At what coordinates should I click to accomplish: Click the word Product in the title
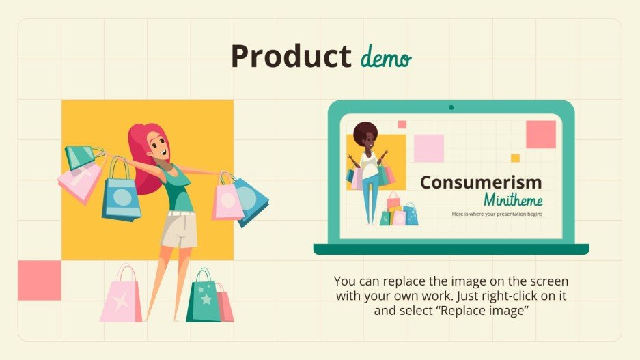(290, 57)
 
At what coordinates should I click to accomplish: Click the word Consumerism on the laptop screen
(481, 182)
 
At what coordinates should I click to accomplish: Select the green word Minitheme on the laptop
(513, 200)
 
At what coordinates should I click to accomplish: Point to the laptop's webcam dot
(451, 107)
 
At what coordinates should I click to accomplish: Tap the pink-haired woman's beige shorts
(179, 230)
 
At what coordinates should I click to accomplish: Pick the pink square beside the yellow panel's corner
(39, 280)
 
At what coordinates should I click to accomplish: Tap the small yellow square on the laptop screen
(515, 158)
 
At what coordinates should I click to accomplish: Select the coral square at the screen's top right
(540, 134)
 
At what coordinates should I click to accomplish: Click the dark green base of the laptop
(451, 249)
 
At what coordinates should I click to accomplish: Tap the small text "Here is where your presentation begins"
(506, 214)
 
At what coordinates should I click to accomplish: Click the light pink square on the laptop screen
(429, 148)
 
